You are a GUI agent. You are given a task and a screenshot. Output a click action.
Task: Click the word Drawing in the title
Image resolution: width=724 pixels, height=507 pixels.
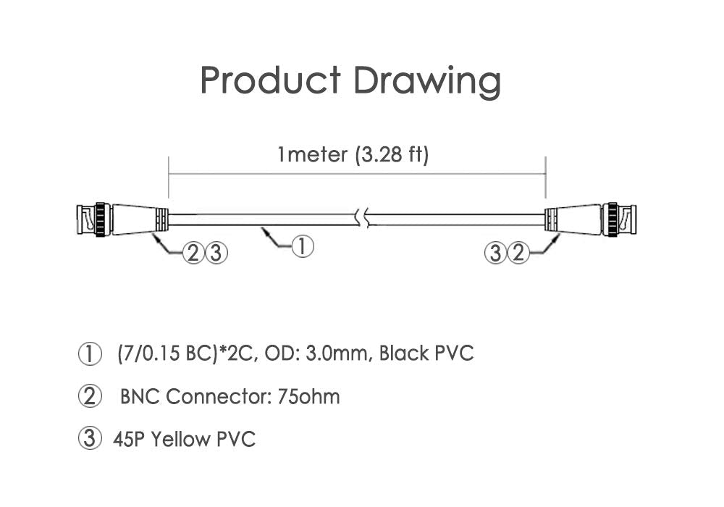click(427, 82)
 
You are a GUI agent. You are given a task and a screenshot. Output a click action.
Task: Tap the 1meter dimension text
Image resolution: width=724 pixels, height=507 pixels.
click(312, 154)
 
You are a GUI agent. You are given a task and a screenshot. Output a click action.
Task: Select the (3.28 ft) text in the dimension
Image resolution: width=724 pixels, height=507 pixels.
click(392, 154)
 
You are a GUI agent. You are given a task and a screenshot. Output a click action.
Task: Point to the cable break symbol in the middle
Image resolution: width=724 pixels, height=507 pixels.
click(363, 218)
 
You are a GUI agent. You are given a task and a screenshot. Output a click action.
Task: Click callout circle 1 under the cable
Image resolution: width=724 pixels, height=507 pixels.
click(303, 246)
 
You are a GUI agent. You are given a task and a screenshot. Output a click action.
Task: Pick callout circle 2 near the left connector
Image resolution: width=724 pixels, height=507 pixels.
click(193, 253)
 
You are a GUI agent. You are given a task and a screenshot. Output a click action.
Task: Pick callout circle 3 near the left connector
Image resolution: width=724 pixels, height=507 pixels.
click(216, 253)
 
